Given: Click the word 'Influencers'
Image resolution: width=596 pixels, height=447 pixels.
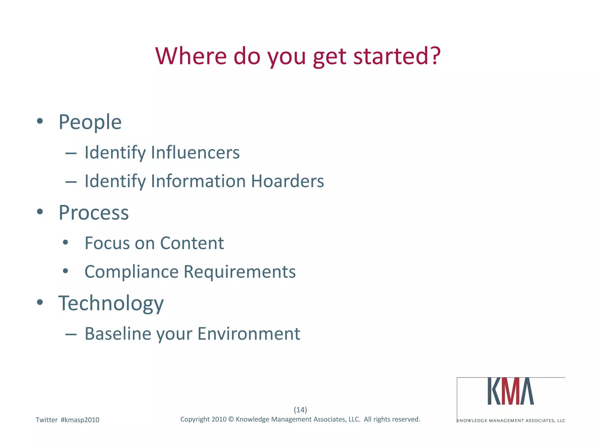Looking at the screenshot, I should [195, 152].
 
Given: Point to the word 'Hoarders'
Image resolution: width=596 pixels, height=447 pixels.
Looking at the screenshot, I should [287, 181].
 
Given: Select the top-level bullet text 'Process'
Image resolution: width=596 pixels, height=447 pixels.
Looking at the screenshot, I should [93, 212].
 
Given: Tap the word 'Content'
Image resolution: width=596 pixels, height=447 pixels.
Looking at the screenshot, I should [192, 243].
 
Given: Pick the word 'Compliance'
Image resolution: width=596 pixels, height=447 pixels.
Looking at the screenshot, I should [132, 272].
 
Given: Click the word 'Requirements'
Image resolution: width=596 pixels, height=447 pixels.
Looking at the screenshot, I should [240, 272].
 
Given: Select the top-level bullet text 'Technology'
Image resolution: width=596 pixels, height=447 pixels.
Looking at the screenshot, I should [111, 303].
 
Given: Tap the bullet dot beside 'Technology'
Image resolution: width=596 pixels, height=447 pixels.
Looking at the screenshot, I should [40, 302].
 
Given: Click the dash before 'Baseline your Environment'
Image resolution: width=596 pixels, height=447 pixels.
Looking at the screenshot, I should [71, 335].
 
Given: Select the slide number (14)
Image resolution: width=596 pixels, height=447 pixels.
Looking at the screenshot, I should [300, 410].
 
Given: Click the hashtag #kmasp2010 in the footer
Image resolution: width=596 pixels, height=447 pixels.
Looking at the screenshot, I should [80, 420].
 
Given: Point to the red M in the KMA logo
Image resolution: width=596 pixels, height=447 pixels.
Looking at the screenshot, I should [511, 391].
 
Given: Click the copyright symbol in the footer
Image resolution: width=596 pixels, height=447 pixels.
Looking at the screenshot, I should [231, 419].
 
